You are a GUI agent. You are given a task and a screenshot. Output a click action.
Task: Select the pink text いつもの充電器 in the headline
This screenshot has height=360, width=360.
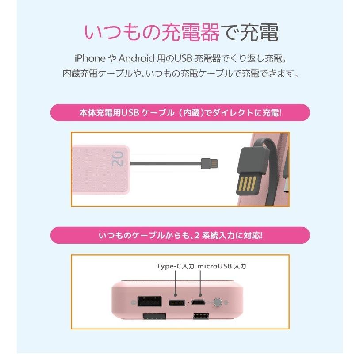151,33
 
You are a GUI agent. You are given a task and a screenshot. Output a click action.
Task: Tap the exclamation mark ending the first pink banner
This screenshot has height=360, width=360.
280,113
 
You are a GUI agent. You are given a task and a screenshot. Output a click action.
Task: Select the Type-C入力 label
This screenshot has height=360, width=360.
175,266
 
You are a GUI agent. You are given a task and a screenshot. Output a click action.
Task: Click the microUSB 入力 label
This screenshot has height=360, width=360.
222,266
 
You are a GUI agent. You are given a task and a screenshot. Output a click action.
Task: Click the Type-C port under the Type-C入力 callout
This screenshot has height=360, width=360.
176,303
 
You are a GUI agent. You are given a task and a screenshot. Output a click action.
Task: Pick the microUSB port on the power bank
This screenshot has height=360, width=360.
200,303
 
